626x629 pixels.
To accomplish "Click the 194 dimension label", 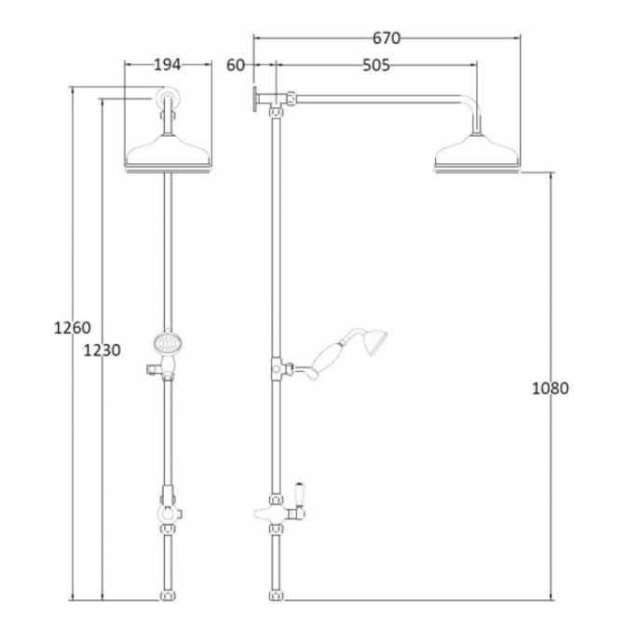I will [x=167, y=64].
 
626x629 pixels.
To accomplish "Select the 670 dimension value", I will [x=386, y=38].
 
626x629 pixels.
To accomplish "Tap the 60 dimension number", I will [x=235, y=64].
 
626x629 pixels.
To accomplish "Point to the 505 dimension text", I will [x=375, y=65].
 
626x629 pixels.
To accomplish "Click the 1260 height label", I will [x=72, y=327].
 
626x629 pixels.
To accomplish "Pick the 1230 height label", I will [x=102, y=350].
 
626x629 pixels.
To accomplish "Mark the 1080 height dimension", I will [x=550, y=388].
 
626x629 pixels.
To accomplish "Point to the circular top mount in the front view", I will [x=167, y=99].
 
